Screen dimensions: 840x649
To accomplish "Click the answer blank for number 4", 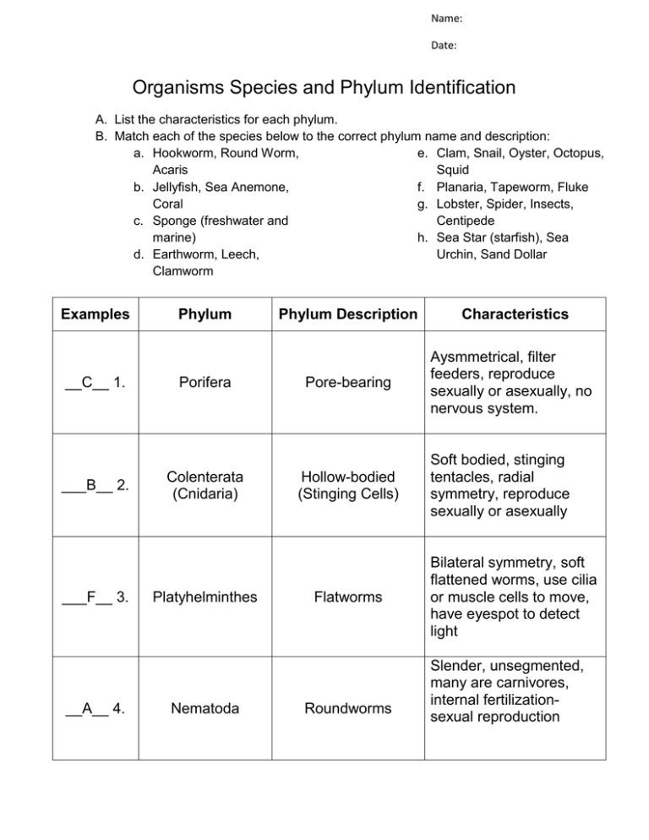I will coord(85,708).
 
